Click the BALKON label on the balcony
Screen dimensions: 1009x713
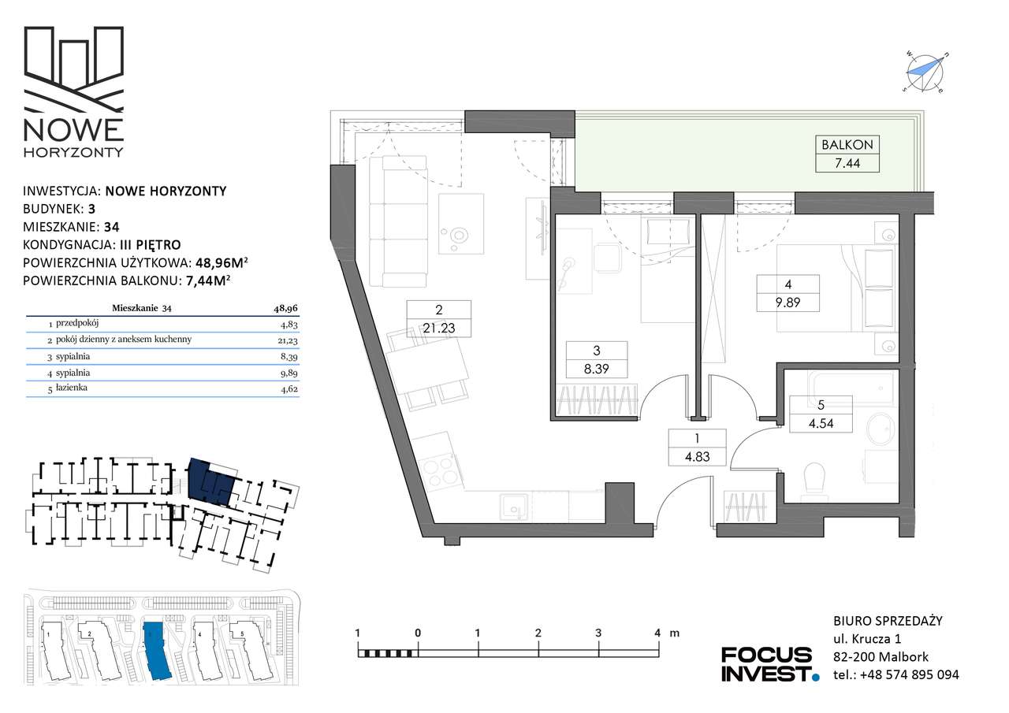tap(847, 144)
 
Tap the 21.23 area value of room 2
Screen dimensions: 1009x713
tap(439, 329)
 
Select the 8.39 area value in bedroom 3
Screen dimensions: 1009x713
tap(597, 369)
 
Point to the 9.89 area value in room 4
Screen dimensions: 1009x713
tap(787, 302)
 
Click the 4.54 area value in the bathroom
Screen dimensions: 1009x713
tap(821, 423)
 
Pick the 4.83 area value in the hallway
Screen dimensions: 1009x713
tap(698, 456)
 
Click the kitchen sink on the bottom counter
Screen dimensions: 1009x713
tap(515, 507)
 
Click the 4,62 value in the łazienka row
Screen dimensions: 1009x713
tap(289, 388)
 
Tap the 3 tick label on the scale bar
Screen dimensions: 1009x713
tap(598, 633)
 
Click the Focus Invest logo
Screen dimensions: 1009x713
tap(770, 664)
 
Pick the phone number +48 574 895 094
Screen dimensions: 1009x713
tap(910, 674)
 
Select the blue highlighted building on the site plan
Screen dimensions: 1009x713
tap(157, 651)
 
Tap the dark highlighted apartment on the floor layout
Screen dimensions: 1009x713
tap(212, 481)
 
